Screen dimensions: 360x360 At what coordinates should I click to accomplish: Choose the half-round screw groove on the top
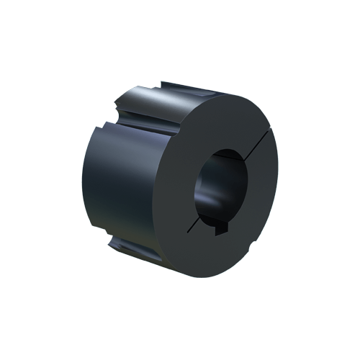click(x=155, y=101)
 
